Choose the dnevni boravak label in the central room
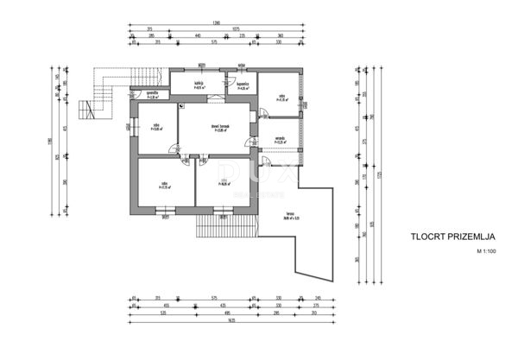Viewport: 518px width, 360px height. [218, 129]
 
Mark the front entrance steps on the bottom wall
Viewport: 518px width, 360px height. [227, 227]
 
